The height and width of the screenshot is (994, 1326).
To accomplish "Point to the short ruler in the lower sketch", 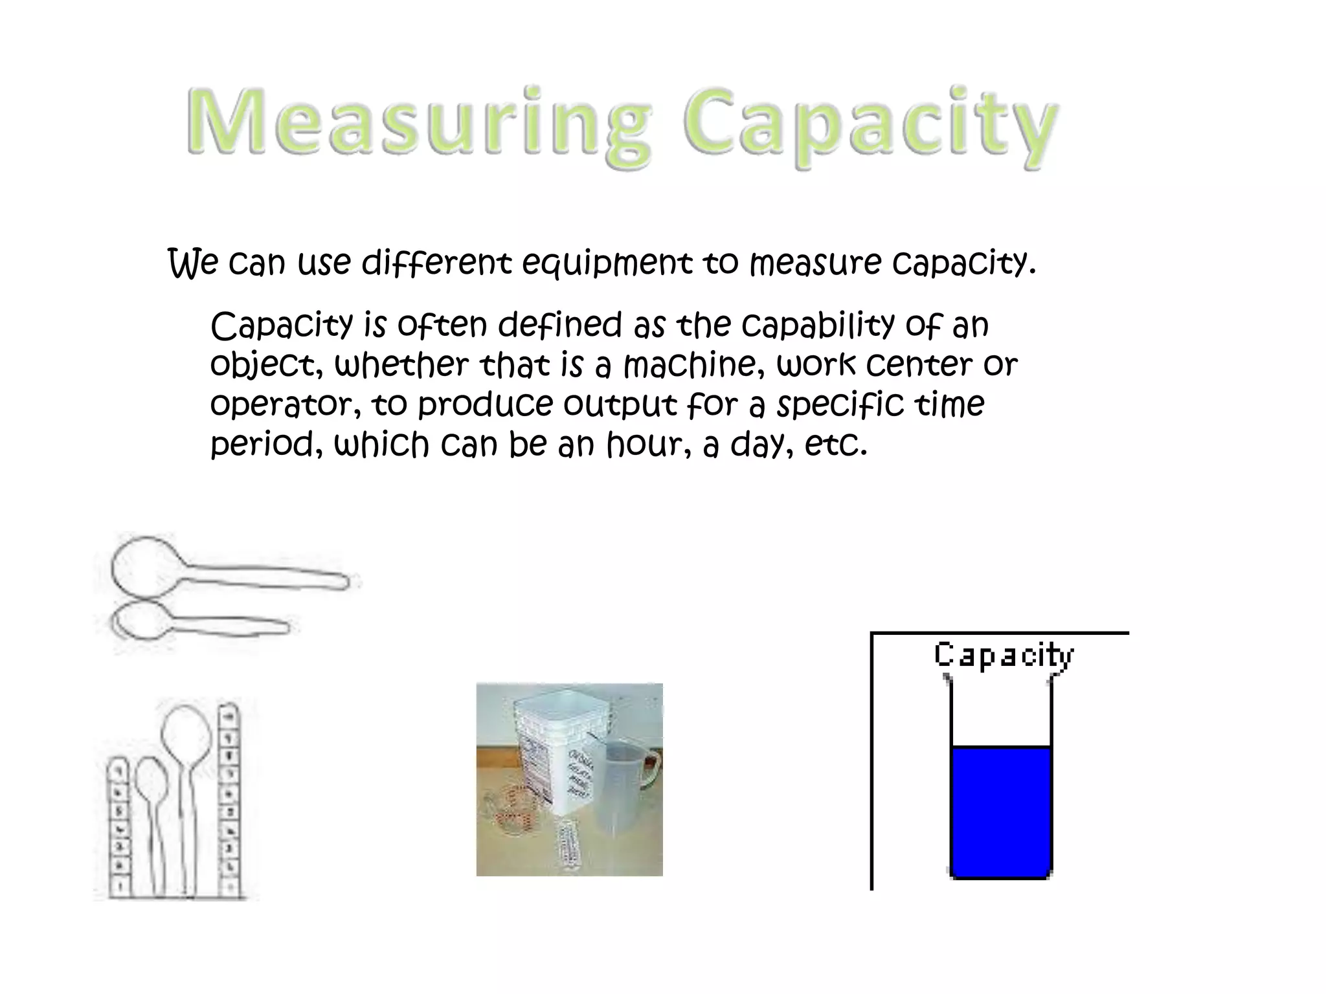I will [118, 828].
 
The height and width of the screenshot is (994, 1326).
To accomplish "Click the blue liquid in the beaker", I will [1000, 812].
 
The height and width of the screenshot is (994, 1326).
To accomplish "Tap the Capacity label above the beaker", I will [1003, 655].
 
